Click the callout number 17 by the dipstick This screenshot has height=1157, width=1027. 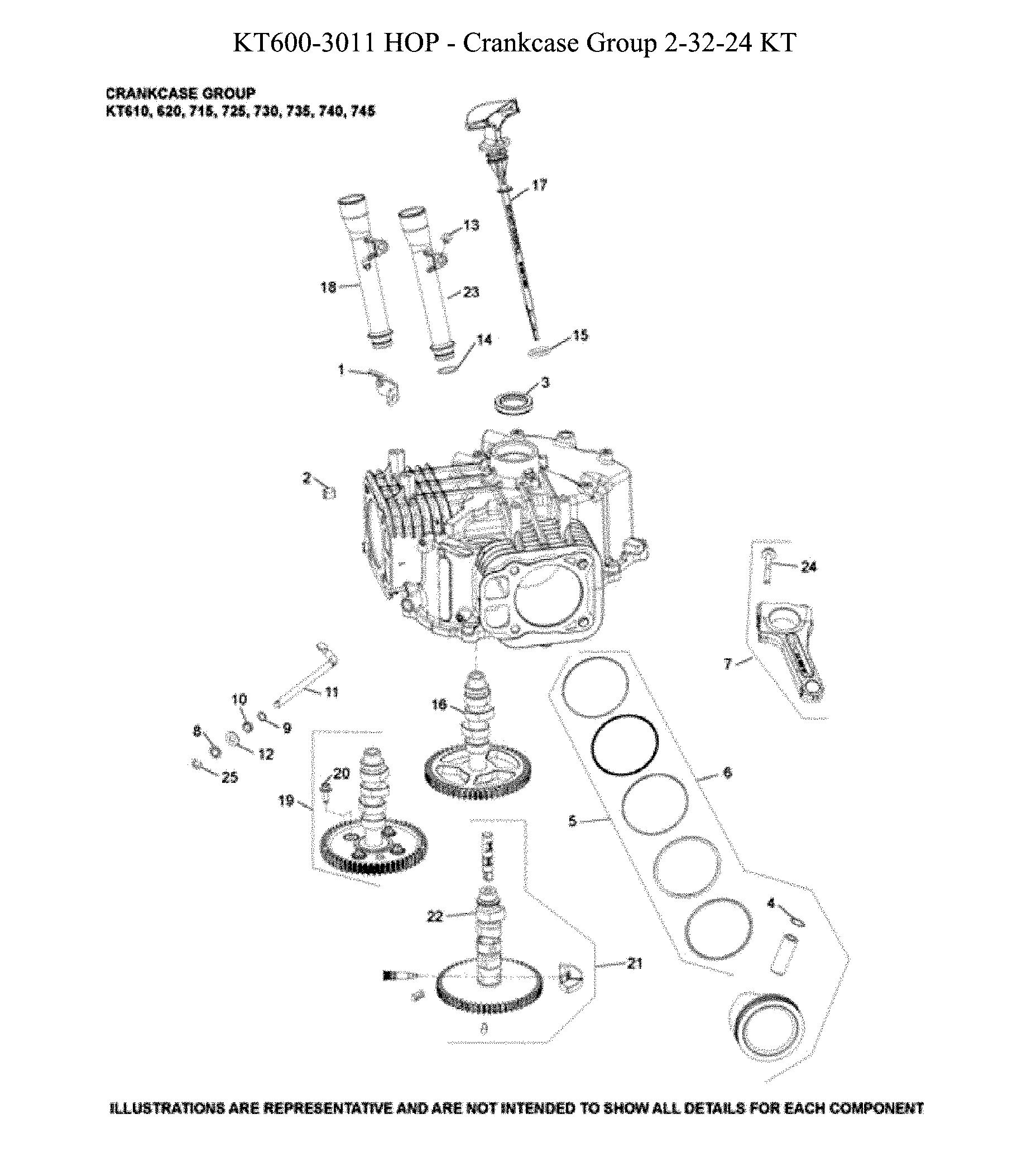[540, 185]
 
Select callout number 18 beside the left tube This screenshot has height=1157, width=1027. [328, 287]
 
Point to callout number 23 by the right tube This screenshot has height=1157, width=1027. [471, 291]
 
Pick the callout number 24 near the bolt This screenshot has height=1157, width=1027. [809, 566]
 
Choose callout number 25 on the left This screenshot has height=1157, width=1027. [229, 777]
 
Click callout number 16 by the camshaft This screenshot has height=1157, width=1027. [439, 705]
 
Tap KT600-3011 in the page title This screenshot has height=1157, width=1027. [304, 42]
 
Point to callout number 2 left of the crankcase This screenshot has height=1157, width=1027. [306, 479]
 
